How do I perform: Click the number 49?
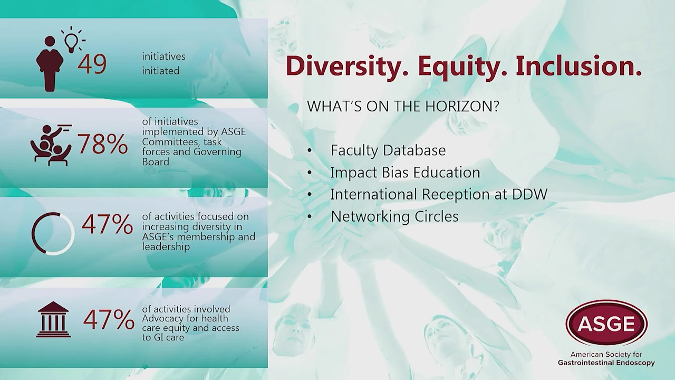[92, 64]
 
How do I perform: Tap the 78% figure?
[102, 144]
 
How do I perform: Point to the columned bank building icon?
[53, 319]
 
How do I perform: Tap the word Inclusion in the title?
[578, 66]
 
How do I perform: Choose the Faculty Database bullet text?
[388, 150]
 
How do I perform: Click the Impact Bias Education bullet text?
[406, 173]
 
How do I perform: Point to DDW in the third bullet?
[530, 194]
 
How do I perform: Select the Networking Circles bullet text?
[394, 216]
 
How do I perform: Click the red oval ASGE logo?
[606, 323]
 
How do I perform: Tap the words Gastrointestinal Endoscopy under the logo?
[606, 363]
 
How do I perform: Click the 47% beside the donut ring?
[107, 224]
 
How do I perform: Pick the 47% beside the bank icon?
[109, 319]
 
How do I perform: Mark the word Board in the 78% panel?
[156, 162]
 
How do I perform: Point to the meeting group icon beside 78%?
[51, 145]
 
